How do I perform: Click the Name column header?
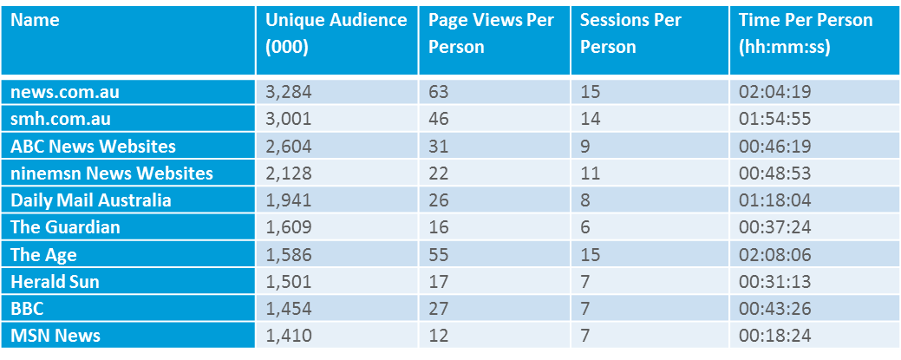[36, 21]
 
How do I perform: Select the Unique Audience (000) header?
[336, 33]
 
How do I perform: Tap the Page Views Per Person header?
[492, 33]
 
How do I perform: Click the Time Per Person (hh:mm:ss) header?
[806, 33]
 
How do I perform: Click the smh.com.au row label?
[61, 119]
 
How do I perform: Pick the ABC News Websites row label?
[93, 146]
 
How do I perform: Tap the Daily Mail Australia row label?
[91, 200]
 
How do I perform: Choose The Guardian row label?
[65, 227]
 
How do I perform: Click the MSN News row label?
[55, 335]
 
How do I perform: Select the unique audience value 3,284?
[289, 92]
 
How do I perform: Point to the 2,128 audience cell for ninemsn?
[289, 173]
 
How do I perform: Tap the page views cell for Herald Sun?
[440, 281]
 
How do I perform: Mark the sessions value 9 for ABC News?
[585, 146]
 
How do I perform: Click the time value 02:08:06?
[774, 254]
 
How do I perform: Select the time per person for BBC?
[774, 308]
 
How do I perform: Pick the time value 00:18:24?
[774, 335]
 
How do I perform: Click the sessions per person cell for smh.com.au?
[590, 119]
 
